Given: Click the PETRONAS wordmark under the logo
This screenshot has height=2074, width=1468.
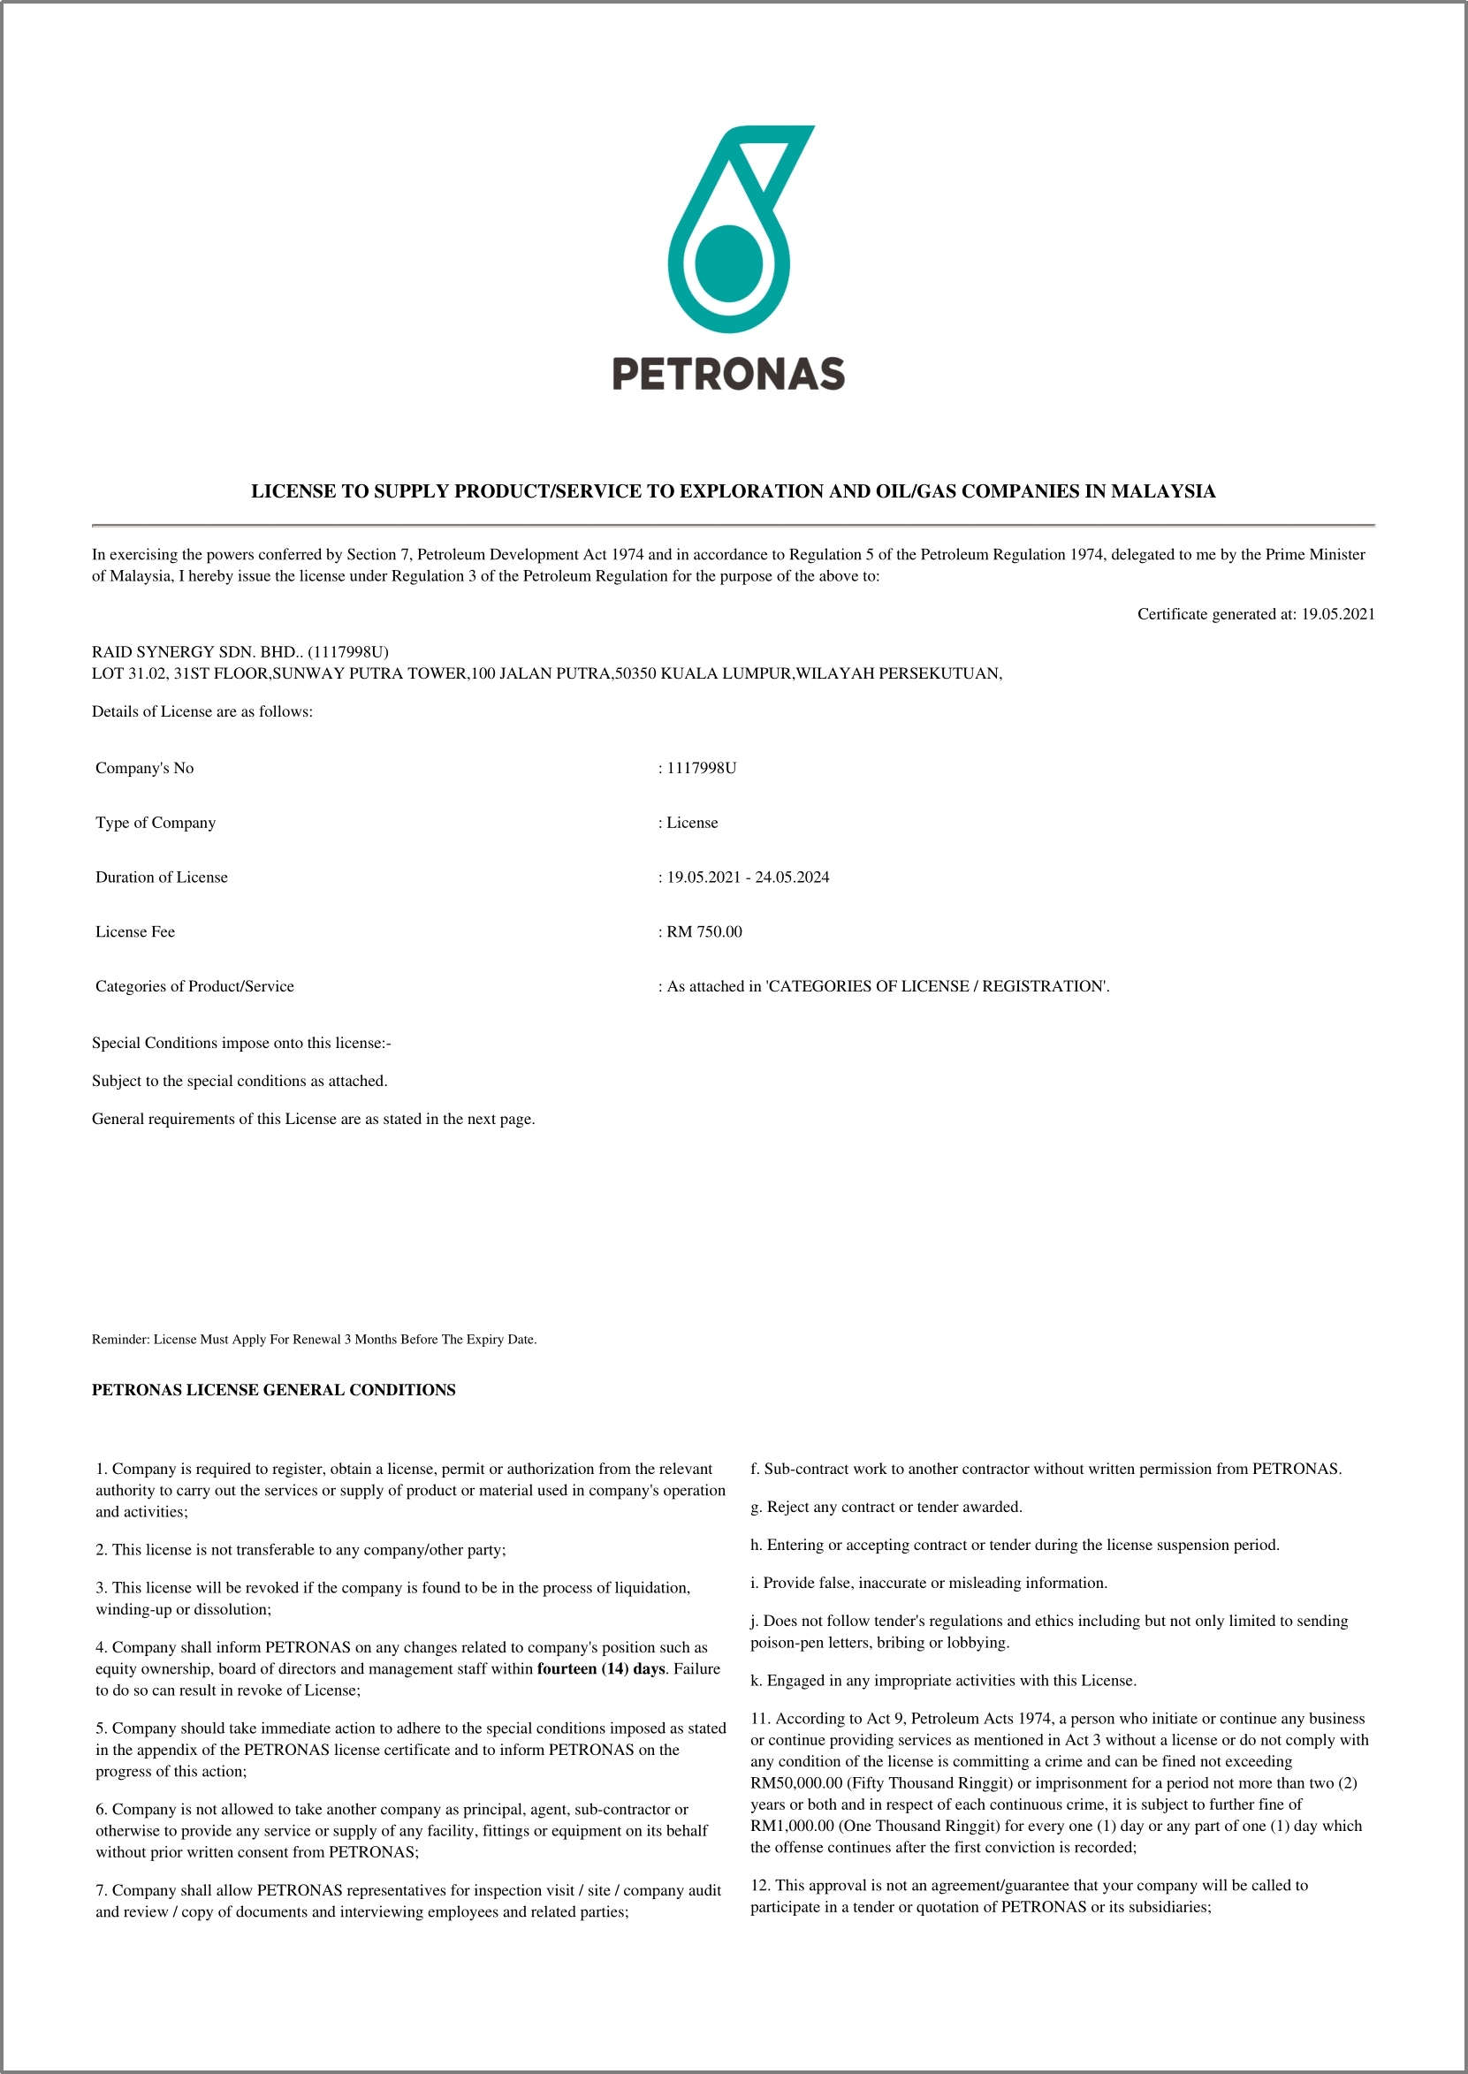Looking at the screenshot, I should [x=728, y=374].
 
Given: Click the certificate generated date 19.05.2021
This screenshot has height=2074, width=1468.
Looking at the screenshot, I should [x=1338, y=614].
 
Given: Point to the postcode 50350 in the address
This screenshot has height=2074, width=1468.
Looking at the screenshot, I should [x=635, y=673].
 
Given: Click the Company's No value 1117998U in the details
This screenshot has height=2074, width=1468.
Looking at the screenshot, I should [x=702, y=768].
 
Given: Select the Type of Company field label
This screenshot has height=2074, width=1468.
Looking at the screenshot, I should [x=156, y=823].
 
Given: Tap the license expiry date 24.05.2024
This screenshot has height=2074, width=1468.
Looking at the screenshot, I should [x=792, y=877].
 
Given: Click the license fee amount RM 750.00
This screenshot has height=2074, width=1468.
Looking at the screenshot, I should [x=704, y=931].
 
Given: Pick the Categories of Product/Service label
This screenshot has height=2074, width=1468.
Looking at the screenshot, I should [x=194, y=986].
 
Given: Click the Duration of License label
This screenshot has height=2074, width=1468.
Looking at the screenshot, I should [x=162, y=877].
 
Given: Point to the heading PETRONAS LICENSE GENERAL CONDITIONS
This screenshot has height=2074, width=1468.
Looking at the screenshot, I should [x=274, y=1390].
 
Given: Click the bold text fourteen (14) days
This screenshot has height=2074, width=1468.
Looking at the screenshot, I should [x=601, y=1668].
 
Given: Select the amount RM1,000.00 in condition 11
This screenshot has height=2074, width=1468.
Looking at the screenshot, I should [x=792, y=1826].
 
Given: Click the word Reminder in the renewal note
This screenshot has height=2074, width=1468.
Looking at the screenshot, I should [x=120, y=1340].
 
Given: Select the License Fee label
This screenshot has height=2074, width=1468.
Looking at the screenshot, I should [x=135, y=931].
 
